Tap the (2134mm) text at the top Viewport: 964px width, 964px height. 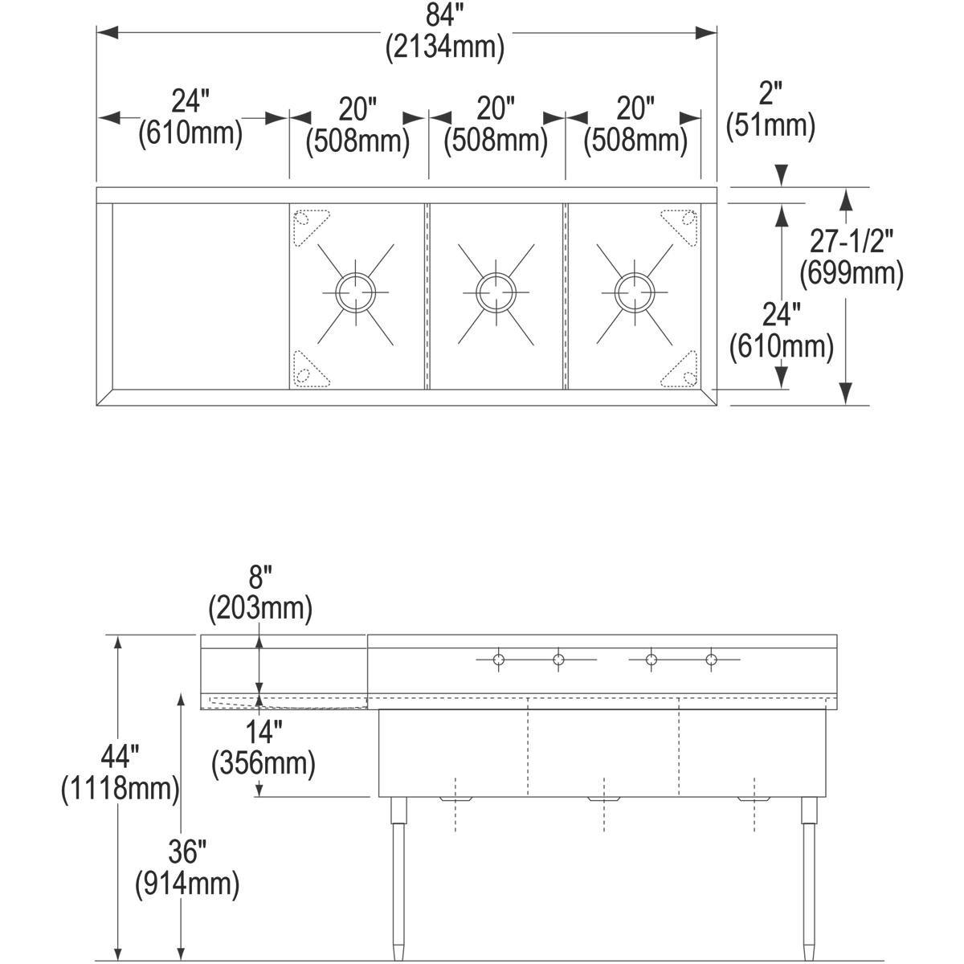[x=445, y=47]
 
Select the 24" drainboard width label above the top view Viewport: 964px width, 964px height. [x=190, y=101]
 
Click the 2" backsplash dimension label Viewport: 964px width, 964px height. [x=770, y=93]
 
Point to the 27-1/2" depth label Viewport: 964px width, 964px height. [x=851, y=241]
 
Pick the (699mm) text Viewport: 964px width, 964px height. [x=852, y=274]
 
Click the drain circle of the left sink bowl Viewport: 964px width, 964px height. [x=355, y=292]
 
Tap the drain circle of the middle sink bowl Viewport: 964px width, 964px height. [x=496, y=292]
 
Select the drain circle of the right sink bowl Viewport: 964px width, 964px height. [x=635, y=292]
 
